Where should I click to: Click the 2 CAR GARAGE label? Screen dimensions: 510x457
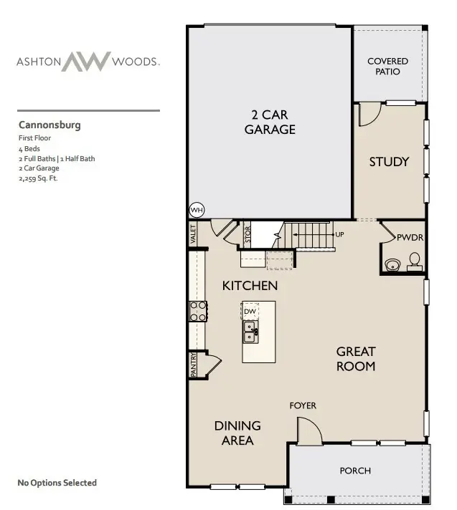(x=270, y=122)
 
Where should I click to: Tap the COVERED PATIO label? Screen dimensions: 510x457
(x=387, y=67)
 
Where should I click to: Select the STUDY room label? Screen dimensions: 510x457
(x=389, y=161)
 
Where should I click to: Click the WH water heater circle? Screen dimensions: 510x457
(x=196, y=210)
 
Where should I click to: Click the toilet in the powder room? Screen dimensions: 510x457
(x=414, y=262)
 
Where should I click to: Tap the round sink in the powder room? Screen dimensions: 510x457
(x=391, y=265)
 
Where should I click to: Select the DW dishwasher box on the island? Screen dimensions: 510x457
(x=250, y=312)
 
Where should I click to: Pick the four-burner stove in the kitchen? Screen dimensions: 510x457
(x=198, y=311)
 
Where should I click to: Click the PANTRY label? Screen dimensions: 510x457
(x=194, y=364)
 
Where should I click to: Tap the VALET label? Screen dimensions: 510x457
(x=193, y=234)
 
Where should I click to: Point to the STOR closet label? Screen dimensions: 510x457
(x=248, y=234)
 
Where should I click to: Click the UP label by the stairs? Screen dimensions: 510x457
(x=339, y=234)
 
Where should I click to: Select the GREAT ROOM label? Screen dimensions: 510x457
(x=356, y=358)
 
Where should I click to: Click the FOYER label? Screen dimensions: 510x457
(x=303, y=405)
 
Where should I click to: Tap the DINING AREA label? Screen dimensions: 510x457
(x=237, y=433)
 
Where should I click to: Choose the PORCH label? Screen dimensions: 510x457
(x=355, y=471)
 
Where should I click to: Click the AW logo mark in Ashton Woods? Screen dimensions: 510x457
(x=87, y=62)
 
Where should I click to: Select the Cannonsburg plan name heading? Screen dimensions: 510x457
(x=50, y=125)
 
